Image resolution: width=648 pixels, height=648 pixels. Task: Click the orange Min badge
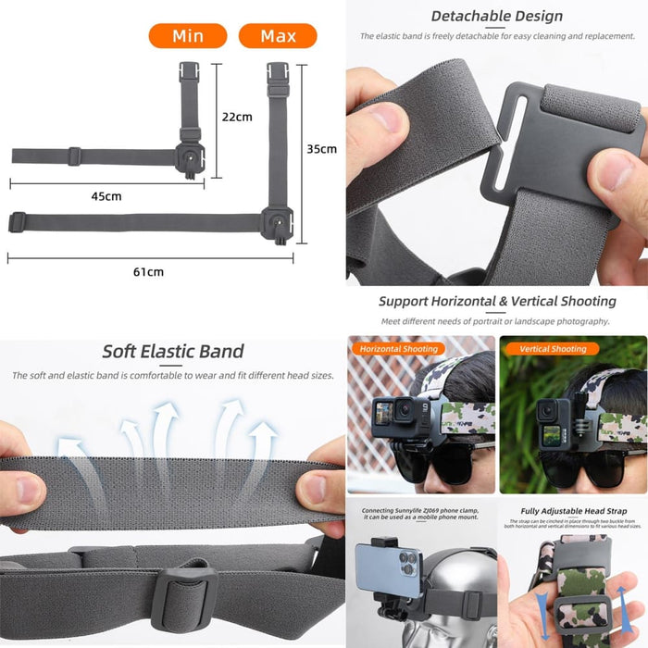click(x=187, y=36)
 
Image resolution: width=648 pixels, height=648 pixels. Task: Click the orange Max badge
click(x=278, y=36)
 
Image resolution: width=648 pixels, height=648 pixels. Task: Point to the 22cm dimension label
click(x=237, y=117)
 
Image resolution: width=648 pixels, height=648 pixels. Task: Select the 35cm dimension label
click(x=321, y=148)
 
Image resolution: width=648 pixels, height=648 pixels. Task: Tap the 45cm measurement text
click(x=106, y=196)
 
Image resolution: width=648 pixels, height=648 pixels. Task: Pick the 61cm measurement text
click(x=148, y=271)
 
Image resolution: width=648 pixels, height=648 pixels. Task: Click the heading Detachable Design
click(x=496, y=16)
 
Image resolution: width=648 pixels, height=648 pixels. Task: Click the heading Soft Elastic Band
click(x=173, y=351)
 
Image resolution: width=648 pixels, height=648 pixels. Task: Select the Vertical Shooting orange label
click(x=553, y=349)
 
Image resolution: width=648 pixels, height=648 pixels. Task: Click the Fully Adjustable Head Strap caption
click(x=573, y=511)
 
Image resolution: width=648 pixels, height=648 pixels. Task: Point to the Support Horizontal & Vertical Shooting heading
click(x=496, y=301)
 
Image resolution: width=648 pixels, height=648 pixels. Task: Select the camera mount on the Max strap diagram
click(x=277, y=222)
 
